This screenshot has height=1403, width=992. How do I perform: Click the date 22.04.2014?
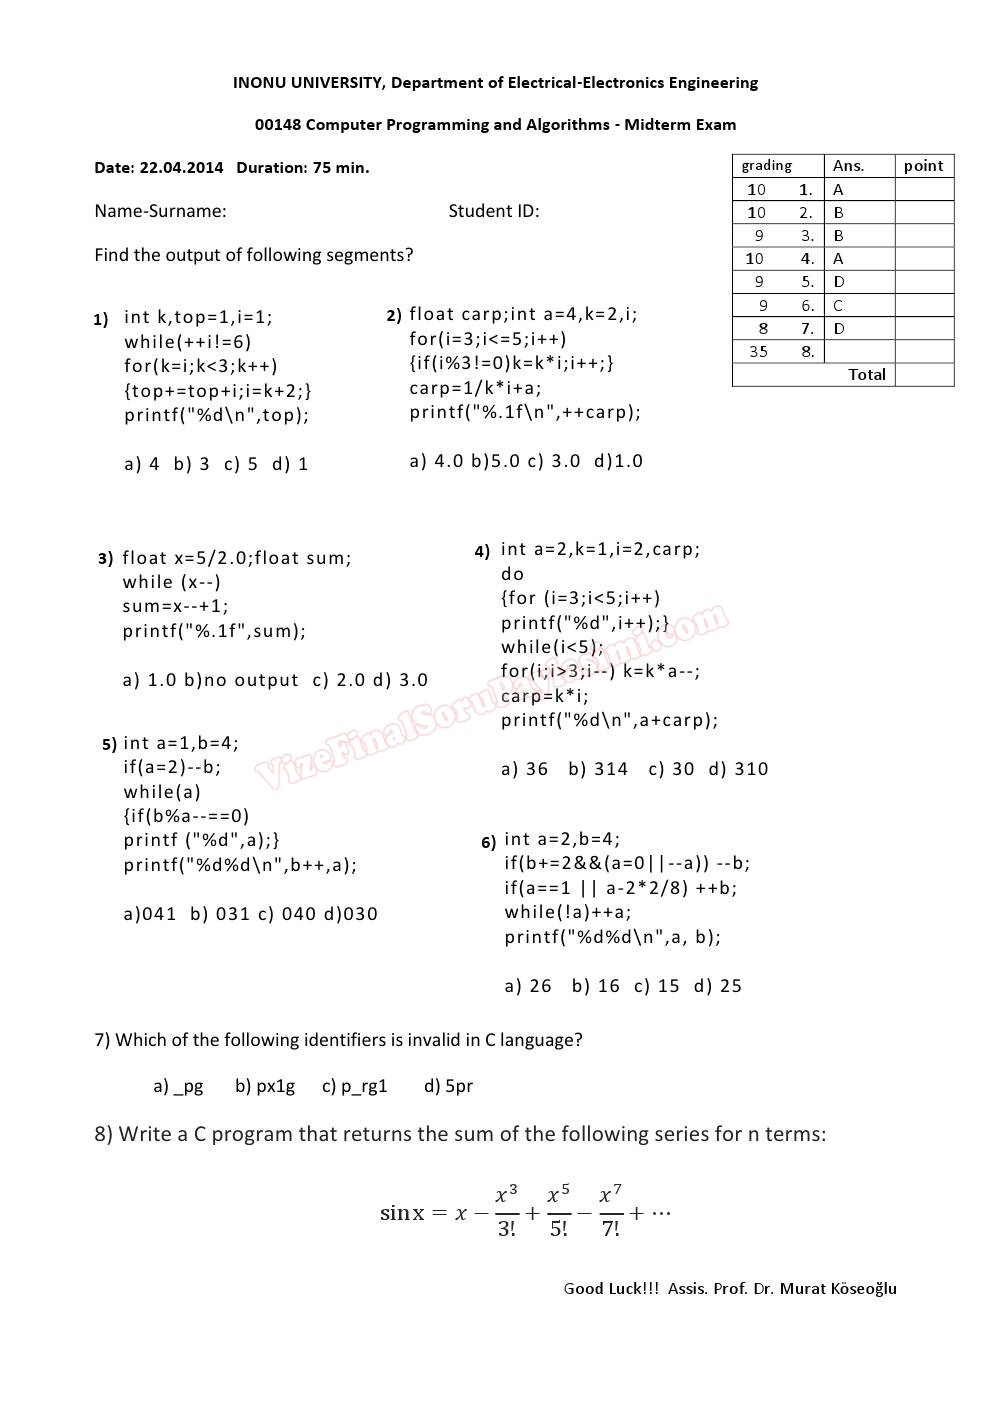(x=181, y=168)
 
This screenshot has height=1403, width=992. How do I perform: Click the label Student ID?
(x=493, y=211)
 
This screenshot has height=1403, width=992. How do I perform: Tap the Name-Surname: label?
(x=160, y=211)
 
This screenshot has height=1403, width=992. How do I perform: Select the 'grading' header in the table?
(x=766, y=166)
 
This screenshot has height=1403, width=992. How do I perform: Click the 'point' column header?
(x=923, y=166)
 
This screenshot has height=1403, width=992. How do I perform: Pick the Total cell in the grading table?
(x=866, y=375)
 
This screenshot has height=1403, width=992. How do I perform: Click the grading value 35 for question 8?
(x=758, y=351)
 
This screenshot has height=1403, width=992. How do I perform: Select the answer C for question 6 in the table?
(x=838, y=305)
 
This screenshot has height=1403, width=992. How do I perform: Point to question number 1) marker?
(x=100, y=320)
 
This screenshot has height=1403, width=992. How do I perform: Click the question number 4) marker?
(x=482, y=551)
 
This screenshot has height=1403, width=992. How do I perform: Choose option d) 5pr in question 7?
(x=448, y=1086)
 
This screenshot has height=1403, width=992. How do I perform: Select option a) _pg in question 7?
(x=178, y=1086)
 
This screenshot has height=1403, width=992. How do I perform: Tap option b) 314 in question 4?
(x=598, y=769)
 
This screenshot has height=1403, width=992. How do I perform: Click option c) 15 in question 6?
(x=656, y=986)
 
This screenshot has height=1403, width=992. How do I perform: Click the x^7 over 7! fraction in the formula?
(x=610, y=1211)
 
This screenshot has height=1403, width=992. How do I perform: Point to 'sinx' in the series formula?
(x=402, y=1213)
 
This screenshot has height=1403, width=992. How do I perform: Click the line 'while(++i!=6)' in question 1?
(x=188, y=342)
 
